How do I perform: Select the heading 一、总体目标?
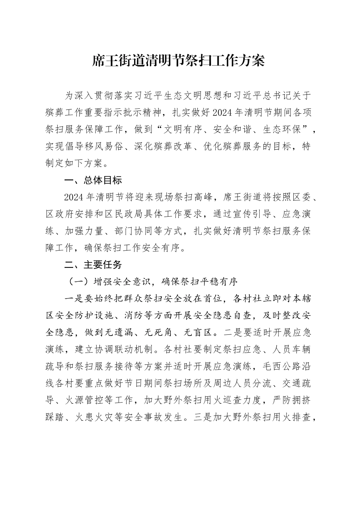coord(93,181)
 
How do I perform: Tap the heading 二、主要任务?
coord(93,265)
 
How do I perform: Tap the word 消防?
coord(121,316)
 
